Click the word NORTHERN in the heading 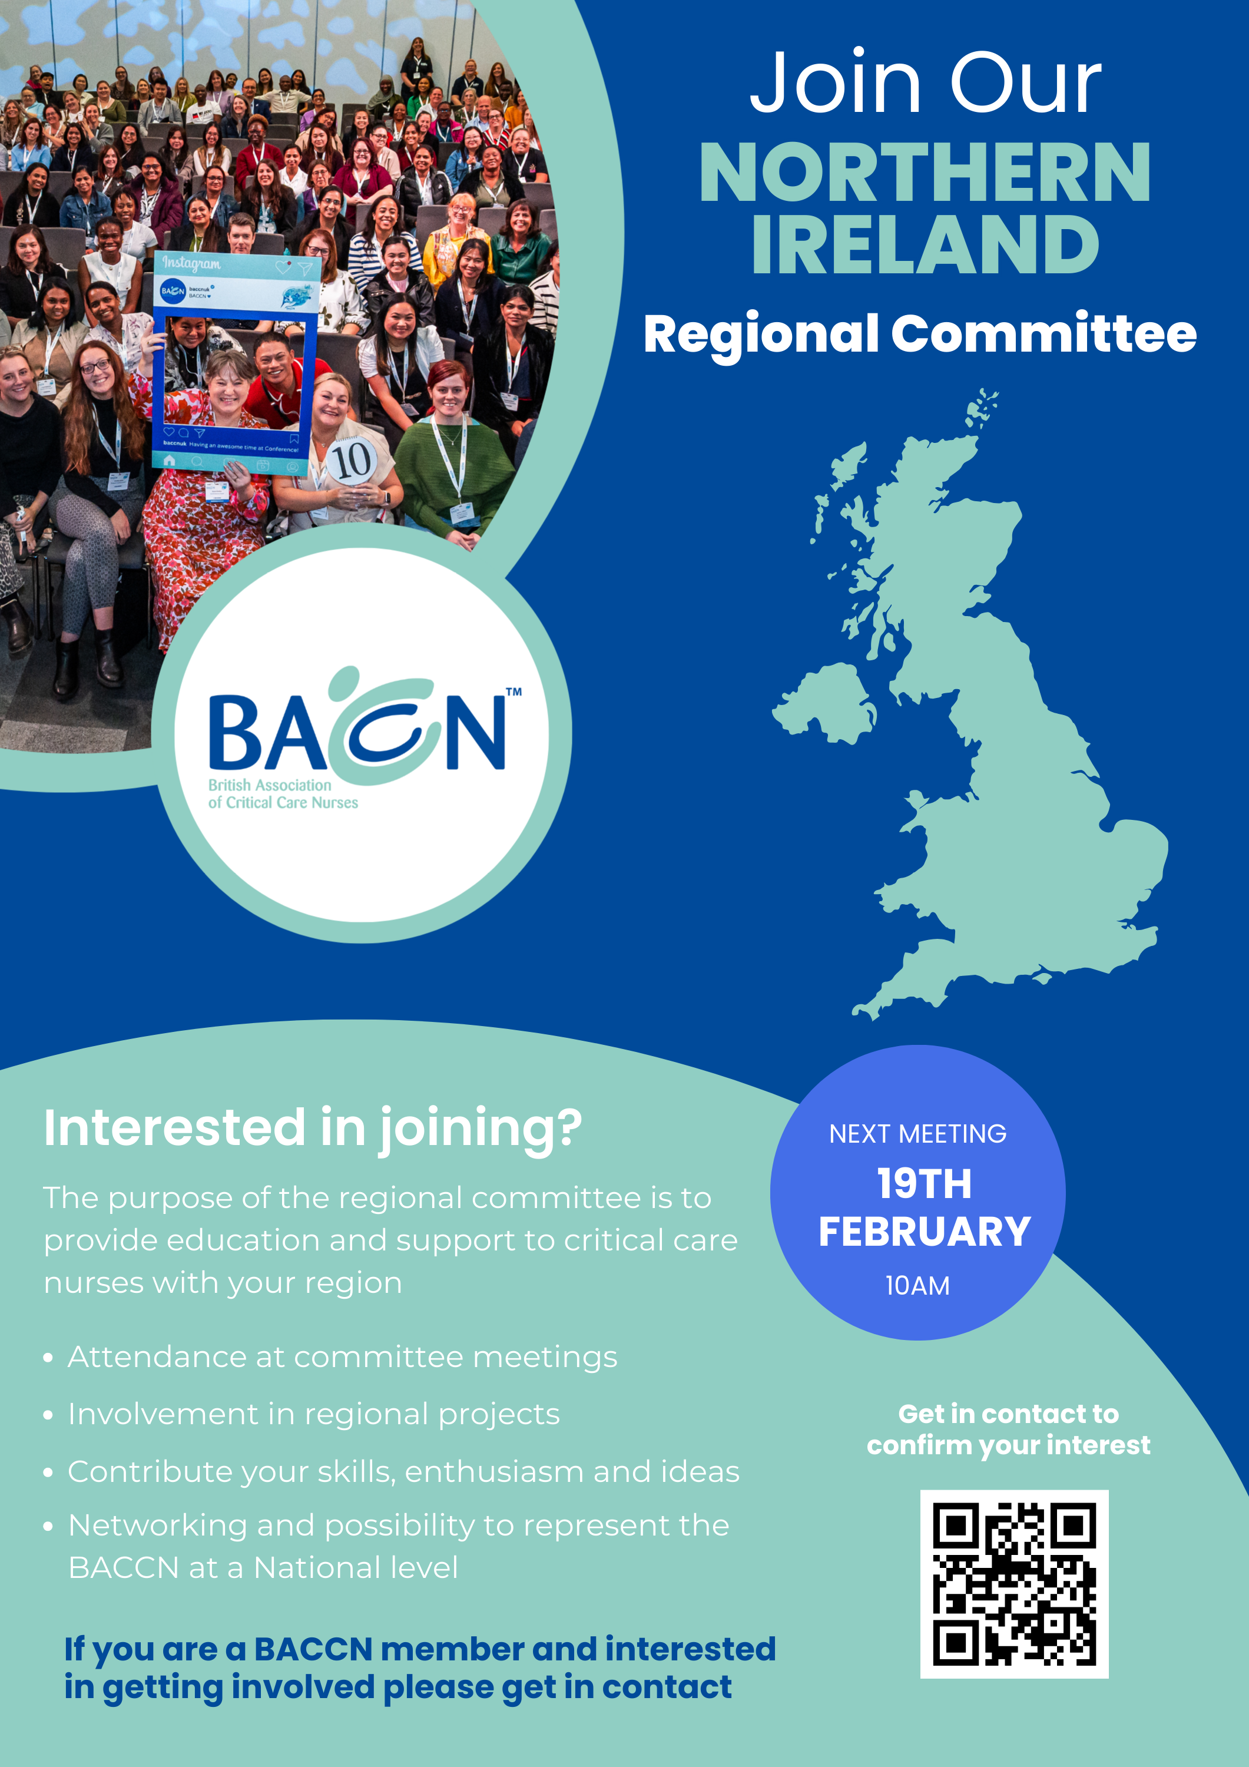pos(925,173)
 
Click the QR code pos(1014,1584)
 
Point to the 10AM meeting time pos(917,1286)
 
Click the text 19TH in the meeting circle pos(925,1184)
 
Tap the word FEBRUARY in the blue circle pos(925,1232)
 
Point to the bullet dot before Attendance pos(48,1358)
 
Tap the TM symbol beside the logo pos(513,691)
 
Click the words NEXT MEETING pos(917,1134)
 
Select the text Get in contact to pos(1008,1414)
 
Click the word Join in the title pos(836,82)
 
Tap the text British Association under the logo pos(269,785)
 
